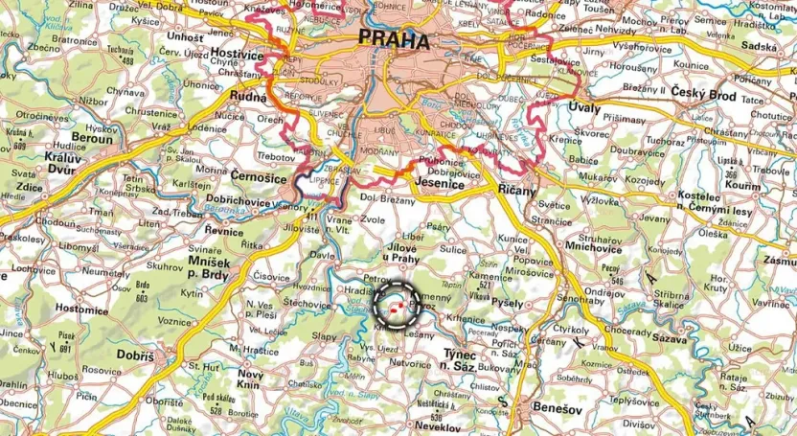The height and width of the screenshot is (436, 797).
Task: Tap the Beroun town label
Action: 93,138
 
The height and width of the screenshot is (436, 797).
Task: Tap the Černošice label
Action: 260,176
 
